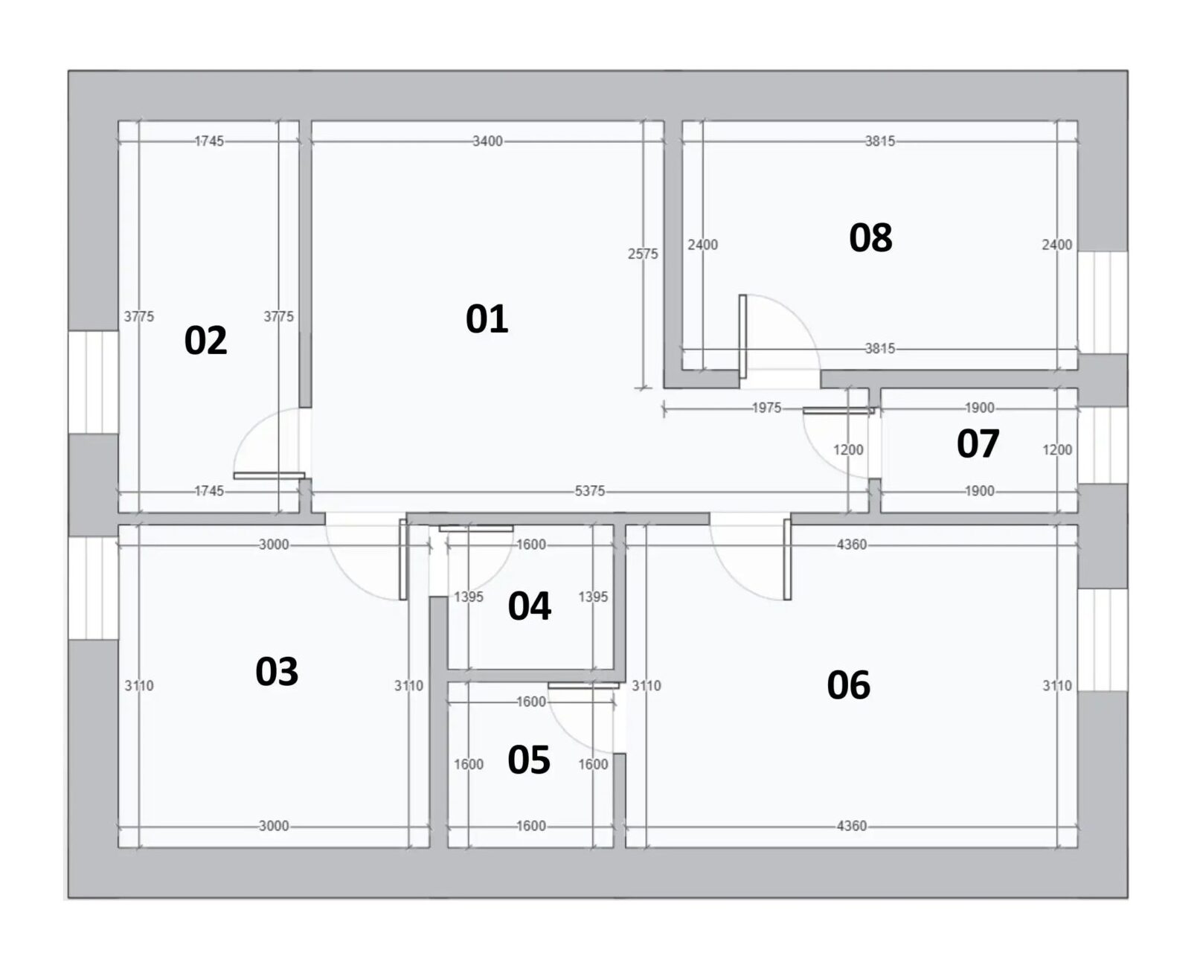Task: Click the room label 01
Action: (x=487, y=319)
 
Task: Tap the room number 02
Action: (x=206, y=341)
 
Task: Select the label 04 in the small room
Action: (x=529, y=606)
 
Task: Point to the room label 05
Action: (x=529, y=760)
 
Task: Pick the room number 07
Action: (x=978, y=444)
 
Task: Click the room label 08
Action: (x=870, y=237)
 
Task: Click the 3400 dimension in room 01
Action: (x=487, y=141)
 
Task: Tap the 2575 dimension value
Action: (x=643, y=254)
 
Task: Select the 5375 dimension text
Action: (x=589, y=491)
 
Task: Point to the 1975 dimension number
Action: (x=766, y=408)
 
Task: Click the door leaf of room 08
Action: (x=742, y=337)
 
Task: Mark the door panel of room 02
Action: (x=269, y=475)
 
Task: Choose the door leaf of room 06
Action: (x=787, y=559)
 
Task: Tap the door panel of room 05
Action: (x=583, y=685)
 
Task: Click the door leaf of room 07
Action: (x=838, y=411)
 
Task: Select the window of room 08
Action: (x=1103, y=302)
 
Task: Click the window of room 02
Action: (x=93, y=382)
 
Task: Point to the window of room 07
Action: (x=1103, y=445)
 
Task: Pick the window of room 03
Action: (x=93, y=588)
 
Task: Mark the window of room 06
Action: (x=1103, y=641)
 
